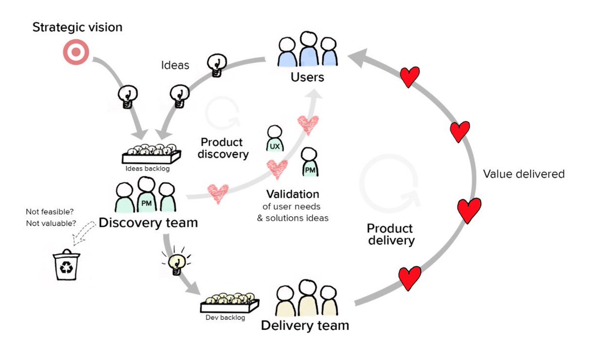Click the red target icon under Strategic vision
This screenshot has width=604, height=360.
pyautogui.click(x=76, y=52)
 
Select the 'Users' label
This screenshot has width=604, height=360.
pyautogui.click(x=307, y=78)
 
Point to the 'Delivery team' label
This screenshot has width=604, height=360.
pyautogui.click(x=305, y=325)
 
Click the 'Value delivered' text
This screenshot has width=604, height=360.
pyautogui.click(x=523, y=174)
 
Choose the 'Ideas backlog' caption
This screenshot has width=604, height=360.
pyautogui.click(x=145, y=169)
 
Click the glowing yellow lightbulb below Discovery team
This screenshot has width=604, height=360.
pyautogui.click(x=176, y=262)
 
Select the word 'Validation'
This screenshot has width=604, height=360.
pyautogui.click(x=292, y=194)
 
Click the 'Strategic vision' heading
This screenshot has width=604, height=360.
pyautogui.click(x=77, y=27)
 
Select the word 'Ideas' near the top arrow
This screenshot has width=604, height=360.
pyautogui.click(x=175, y=65)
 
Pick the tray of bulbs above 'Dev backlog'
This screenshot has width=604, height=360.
pyautogui.click(x=229, y=303)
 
